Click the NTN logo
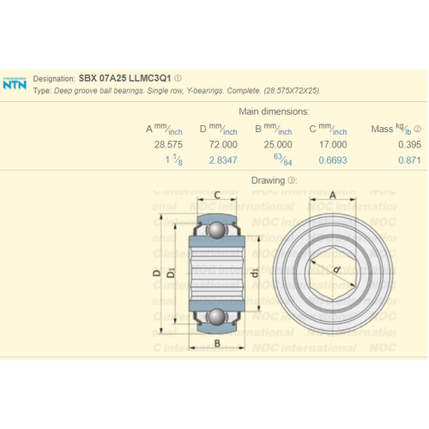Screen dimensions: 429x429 15,83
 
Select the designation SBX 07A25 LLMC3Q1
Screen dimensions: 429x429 124,78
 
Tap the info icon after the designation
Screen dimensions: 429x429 178,78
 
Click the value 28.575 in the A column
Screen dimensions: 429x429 168,145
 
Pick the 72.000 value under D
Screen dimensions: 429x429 223,145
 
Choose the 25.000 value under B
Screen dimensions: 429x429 278,145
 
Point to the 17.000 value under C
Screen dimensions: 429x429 333,145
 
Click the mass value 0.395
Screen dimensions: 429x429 409,145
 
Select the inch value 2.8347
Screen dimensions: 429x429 223,160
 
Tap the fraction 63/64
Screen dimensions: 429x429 282,160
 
